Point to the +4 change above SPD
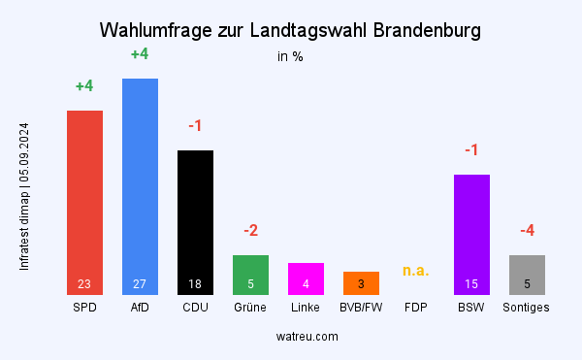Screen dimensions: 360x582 click(84, 86)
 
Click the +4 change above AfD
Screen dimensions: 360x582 click(140, 54)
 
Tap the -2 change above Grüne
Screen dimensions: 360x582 click(250, 231)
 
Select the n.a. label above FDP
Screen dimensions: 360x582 click(416, 270)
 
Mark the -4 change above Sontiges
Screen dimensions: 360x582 click(527, 231)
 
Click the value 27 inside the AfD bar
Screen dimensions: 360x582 click(140, 284)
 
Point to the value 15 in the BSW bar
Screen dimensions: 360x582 click(471, 284)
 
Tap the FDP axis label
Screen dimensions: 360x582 click(416, 308)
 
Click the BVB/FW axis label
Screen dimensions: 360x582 click(361, 308)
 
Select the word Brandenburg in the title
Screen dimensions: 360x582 click(422, 31)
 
